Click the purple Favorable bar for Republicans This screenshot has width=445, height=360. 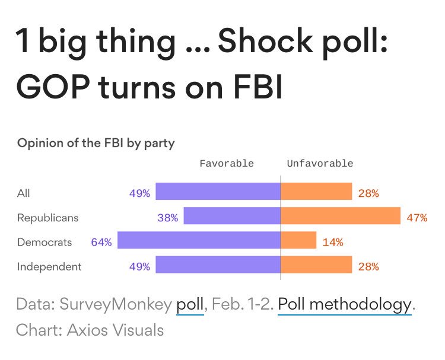pos(232,216)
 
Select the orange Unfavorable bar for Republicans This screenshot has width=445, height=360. pos(341,216)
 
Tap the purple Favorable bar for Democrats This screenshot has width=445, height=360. pos(199,241)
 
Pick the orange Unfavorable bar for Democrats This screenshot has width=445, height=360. pos(298,241)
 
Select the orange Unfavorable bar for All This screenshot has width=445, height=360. pos(316,192)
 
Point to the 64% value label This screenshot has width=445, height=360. pos(101,241)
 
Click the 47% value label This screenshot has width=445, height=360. pos(417,217)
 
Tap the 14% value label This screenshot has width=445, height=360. pos(332,241)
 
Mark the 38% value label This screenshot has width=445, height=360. pos(167,217)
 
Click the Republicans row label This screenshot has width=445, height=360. pos(47,217)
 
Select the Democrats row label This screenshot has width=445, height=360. pos(44,241)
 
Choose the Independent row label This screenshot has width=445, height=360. pos(49,266)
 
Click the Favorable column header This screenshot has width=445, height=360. pos(226,163)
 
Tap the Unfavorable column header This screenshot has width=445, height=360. pos(320,163)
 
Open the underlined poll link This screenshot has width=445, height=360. pos(190,305)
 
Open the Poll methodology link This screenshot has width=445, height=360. pos(344,305)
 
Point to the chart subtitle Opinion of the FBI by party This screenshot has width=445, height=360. pos(96,143)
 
